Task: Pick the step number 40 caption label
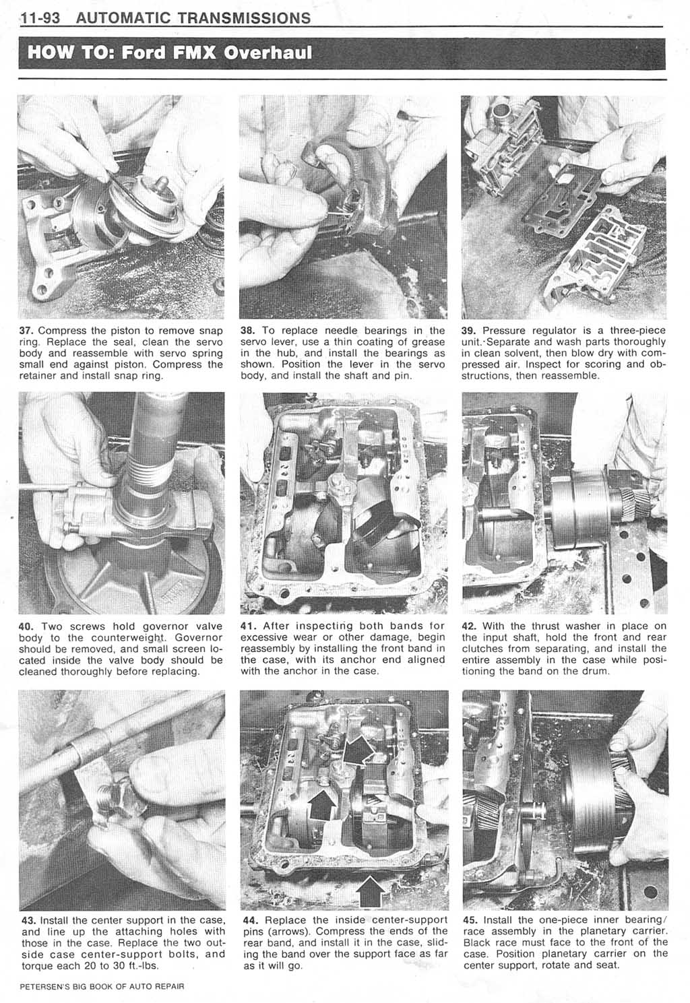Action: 29,626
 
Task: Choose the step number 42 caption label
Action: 470,626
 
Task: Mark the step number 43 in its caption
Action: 29,920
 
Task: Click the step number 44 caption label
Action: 250,920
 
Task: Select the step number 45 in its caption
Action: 470,920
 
